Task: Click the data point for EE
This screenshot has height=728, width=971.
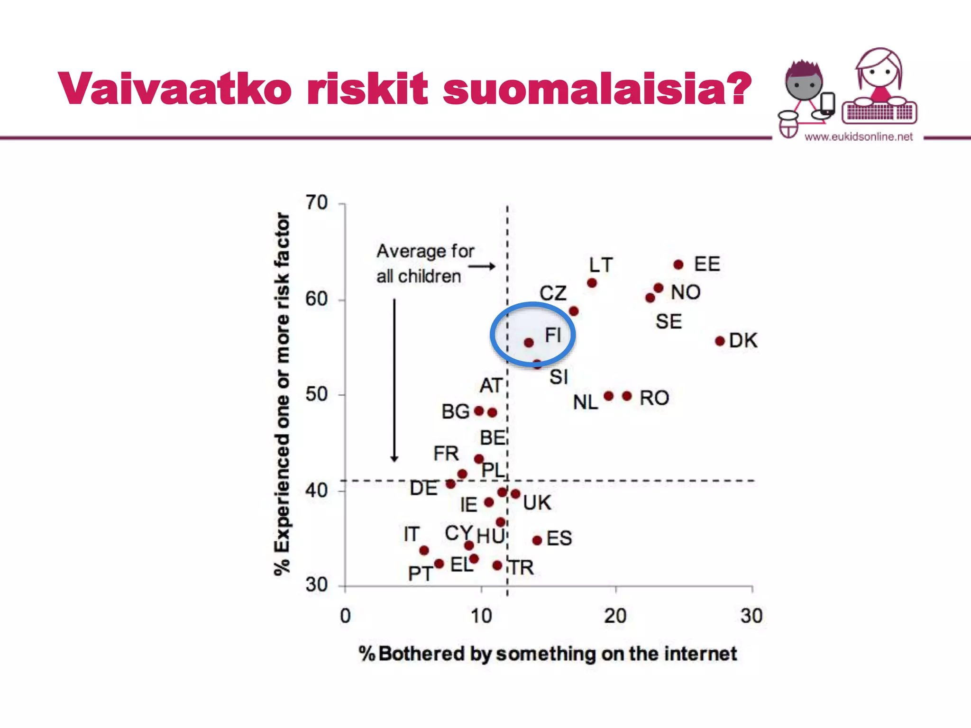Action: [x=678, y=264]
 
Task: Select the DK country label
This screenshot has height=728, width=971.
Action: [x=743, y=341]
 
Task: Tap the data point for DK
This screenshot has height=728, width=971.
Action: [x=720, y=341]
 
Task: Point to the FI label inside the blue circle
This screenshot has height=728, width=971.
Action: [x=553, y=335]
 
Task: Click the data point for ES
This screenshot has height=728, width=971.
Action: [x=537, y=540]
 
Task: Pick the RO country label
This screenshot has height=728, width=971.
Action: [x=654, y=398]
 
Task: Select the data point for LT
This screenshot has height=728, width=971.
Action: [x=592, y=283]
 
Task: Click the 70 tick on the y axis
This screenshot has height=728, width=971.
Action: [x=317, y=203]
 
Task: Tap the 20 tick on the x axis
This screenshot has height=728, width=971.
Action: [x=615, y=616]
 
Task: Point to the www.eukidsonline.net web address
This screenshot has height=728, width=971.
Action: [x=859, y=137]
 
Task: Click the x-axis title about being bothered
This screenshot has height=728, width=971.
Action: [x=548, y=654]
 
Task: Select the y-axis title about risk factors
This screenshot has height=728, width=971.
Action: [x=282, y=393]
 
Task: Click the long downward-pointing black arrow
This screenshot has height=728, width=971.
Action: [x=394, y=379]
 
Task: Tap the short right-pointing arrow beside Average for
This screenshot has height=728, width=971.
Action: [x=482, y=266]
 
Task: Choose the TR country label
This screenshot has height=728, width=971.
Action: [x=522, y=568]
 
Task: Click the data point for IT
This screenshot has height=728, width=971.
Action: [x=424, y=550]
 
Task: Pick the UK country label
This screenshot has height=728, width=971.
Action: [x=537, y=503]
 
